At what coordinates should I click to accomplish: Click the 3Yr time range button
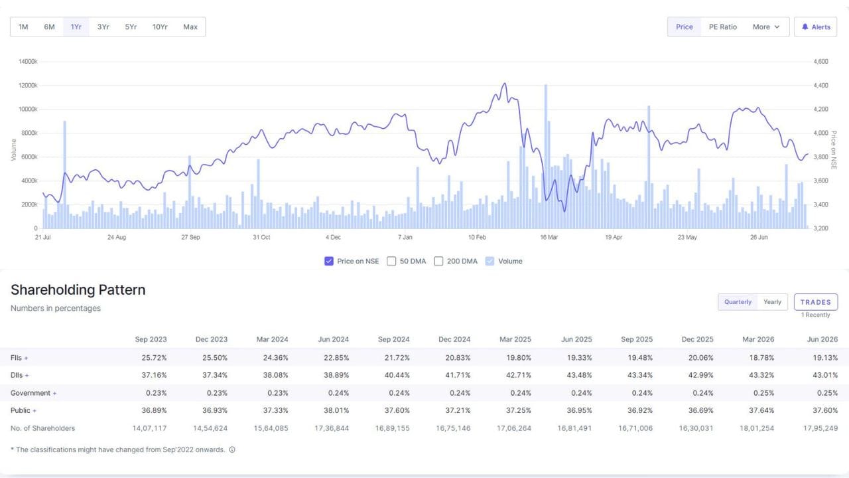(x=103, y=27)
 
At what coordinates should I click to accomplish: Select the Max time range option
(x=190, y=27)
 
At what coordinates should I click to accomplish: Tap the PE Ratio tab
(x=723, y=27)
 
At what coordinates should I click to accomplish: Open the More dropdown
(x=766, y=27)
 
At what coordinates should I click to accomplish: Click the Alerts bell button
(x=816, y=27)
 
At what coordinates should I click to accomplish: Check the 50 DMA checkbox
(x=391, y=261)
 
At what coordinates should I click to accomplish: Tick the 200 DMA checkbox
(x=438, y=261)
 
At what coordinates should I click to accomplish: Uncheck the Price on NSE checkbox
(x=328, y=261)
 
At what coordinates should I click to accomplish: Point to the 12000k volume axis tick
(x=28, y=86)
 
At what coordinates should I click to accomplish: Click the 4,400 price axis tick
(x=820, y=86)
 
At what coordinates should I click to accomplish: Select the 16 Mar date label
(x=549, y=237)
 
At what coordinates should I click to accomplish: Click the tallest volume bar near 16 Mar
(x=546, y=156)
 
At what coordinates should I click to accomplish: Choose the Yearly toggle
(x=772, y=302)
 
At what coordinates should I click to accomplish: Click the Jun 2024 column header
(x=333, y=339)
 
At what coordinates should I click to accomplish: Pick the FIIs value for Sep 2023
(x=154, y=358)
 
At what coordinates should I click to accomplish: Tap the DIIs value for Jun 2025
(x=579, y=375)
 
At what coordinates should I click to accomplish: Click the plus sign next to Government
(x=54, y=394)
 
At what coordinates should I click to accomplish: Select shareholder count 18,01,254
(x=757, y=428)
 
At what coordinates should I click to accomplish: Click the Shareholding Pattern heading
(x=78, y=290)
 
